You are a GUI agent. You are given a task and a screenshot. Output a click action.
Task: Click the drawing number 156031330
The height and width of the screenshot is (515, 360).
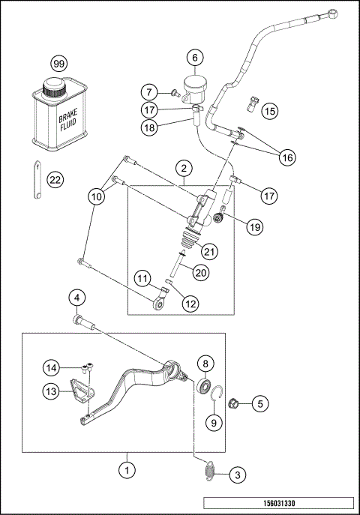pos(278,504)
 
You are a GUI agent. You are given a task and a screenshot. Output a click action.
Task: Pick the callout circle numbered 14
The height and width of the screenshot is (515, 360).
pos(50,368)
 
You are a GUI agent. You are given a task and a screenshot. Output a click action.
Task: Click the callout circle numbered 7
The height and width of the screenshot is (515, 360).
pos(150,92)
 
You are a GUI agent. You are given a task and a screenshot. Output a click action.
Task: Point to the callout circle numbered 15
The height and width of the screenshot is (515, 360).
pos(269,111)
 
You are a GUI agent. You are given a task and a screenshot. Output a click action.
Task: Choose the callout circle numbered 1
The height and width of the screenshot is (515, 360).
pos(128,472)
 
